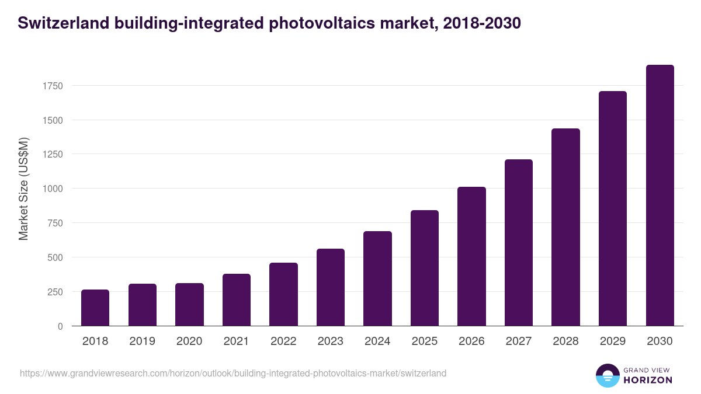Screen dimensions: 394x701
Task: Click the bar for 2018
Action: click(95, 308)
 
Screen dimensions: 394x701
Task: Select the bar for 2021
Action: click(237, 300)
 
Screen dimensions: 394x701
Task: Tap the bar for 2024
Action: click(377, 278)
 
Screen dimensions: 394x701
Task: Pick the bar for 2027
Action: click(519, 243)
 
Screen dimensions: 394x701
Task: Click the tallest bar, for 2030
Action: click(660, 196)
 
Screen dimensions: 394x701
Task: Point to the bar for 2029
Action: click(613, 208)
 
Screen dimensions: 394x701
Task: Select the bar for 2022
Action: click(283, 294)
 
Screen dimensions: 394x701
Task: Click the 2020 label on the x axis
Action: click(189, 341)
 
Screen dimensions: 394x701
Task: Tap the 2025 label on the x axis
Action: click(424, 341)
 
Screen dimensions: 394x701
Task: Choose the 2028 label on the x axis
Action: click(565, 341)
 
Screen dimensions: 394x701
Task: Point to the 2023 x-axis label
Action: click(330, 341)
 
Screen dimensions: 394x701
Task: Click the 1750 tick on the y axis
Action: click(52, 86)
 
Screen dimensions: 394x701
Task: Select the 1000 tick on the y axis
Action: click(52, 189)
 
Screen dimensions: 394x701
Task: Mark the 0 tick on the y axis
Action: click(60, 326)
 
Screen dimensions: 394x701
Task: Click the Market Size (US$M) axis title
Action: click(23, 189)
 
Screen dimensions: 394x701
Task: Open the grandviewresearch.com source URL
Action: click(233, 373)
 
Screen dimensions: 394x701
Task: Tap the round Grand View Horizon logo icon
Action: click(607, 375)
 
